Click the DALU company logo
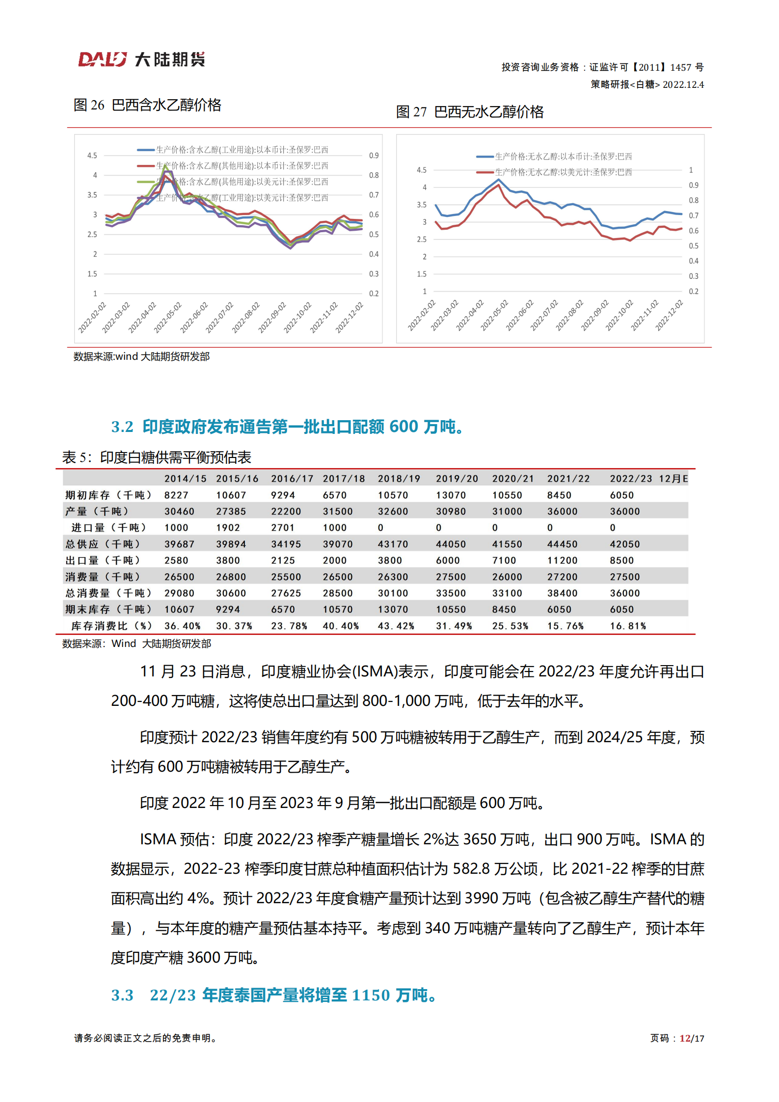pos(141,59)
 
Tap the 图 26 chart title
pos(147,105)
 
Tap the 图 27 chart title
pos(469,112)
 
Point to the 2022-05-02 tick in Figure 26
pos(167,318)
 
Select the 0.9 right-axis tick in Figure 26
pos(374,156)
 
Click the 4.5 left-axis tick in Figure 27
pos(422,170)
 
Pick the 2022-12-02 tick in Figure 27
pos(669,316)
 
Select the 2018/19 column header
pos(399,479)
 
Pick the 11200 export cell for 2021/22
pos(562,560)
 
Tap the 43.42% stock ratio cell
pos(396,626)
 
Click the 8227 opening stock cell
pos(176,495)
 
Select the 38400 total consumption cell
pos(562,593)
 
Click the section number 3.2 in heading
pos(122,427)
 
